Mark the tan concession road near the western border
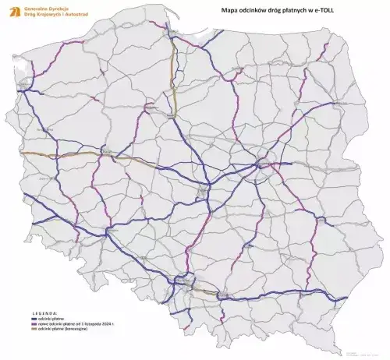[47, 155]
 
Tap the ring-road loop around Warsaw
[263, 164]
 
